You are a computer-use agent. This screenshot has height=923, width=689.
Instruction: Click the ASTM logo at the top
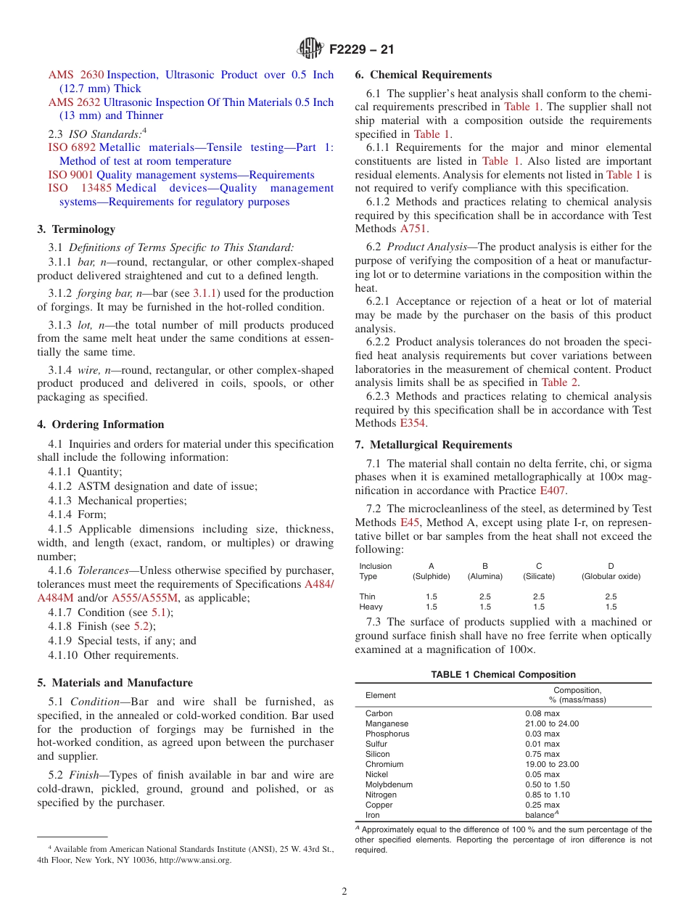[x=310, y=49]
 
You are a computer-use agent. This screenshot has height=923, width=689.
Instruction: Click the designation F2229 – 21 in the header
[x=361, y=50]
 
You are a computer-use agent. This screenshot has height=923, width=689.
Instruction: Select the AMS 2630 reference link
[x=76, y=75]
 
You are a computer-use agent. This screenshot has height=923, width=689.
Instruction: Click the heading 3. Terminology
[x=76, y=229]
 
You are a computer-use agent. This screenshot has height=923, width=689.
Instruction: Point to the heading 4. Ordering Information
[x=101, y=424]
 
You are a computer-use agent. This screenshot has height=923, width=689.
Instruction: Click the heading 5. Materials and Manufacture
[x=115, y=683]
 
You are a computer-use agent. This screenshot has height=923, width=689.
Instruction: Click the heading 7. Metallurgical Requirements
[x=433, y=445]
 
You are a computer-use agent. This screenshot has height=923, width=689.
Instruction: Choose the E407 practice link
[x=552, y=491]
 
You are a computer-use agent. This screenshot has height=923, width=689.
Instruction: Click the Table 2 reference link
[x=559, y=382]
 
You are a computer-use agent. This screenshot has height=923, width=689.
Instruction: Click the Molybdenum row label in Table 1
[x=389, y=784]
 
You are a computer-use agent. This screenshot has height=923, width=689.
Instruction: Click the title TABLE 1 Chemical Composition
[x=503, y=675]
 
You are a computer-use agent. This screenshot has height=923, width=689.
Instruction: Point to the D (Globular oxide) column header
[x=611, y=571]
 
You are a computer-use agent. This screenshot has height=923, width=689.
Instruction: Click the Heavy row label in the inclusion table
[x=371, y=607]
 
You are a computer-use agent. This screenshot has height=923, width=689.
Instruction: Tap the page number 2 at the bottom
[x=344, y=892]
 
